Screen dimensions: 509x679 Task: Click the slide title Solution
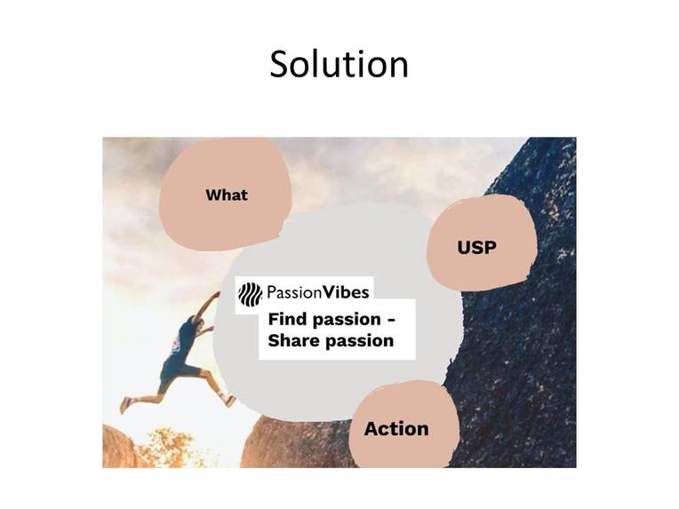click(x=339, y=64)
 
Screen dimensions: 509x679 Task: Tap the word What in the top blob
click(x=227, y=195)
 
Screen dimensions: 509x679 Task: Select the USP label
click(x=476, y=248)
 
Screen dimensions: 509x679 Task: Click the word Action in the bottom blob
click(x=396, y=428)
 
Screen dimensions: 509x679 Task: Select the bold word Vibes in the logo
click(x=347, y=292)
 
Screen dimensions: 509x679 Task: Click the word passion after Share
click(x=357, y=341)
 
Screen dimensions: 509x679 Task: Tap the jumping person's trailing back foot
click(x=125, y=405)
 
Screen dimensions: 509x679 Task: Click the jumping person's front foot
click(x=230, y=401)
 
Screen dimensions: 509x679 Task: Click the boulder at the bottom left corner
click(x=120, y=449)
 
